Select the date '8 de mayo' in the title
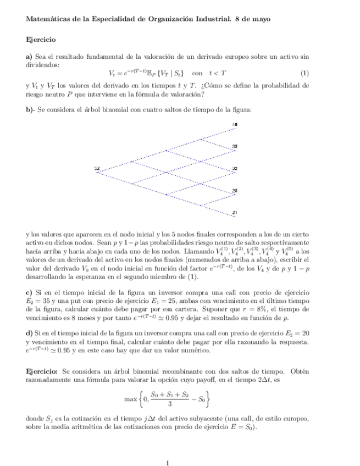(254, 19)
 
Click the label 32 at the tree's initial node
(97, 168)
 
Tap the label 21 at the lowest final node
(235, 213)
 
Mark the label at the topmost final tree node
(235, 125)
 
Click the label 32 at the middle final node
(235, 168)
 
